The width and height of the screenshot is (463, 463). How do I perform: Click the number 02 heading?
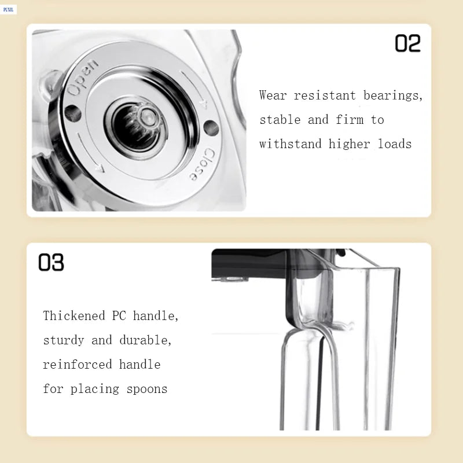pyautogui.click(x=407, y=43)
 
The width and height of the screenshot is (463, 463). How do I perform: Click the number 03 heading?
pyautogui.click(x=51, y=262)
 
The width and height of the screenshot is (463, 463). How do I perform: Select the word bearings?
pyautogui.click(x=393, y=95)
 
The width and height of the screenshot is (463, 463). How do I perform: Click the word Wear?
pyautogui.click(x=273, y=95)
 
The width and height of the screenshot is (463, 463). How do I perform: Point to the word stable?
pyautogui.click(x=280, y=120)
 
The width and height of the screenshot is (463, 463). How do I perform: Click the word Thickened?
pyautogui.click(x=74, y=316)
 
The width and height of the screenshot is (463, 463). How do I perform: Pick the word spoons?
pyautogui.click(x=148, y=389)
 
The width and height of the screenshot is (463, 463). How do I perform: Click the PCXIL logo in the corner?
pyautogui.click(x=9, y=9)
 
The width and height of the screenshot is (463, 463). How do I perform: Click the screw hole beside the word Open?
pyautogui.click(x=72, y=113)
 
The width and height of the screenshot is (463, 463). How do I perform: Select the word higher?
pyautogui.click(x=350, y=144)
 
